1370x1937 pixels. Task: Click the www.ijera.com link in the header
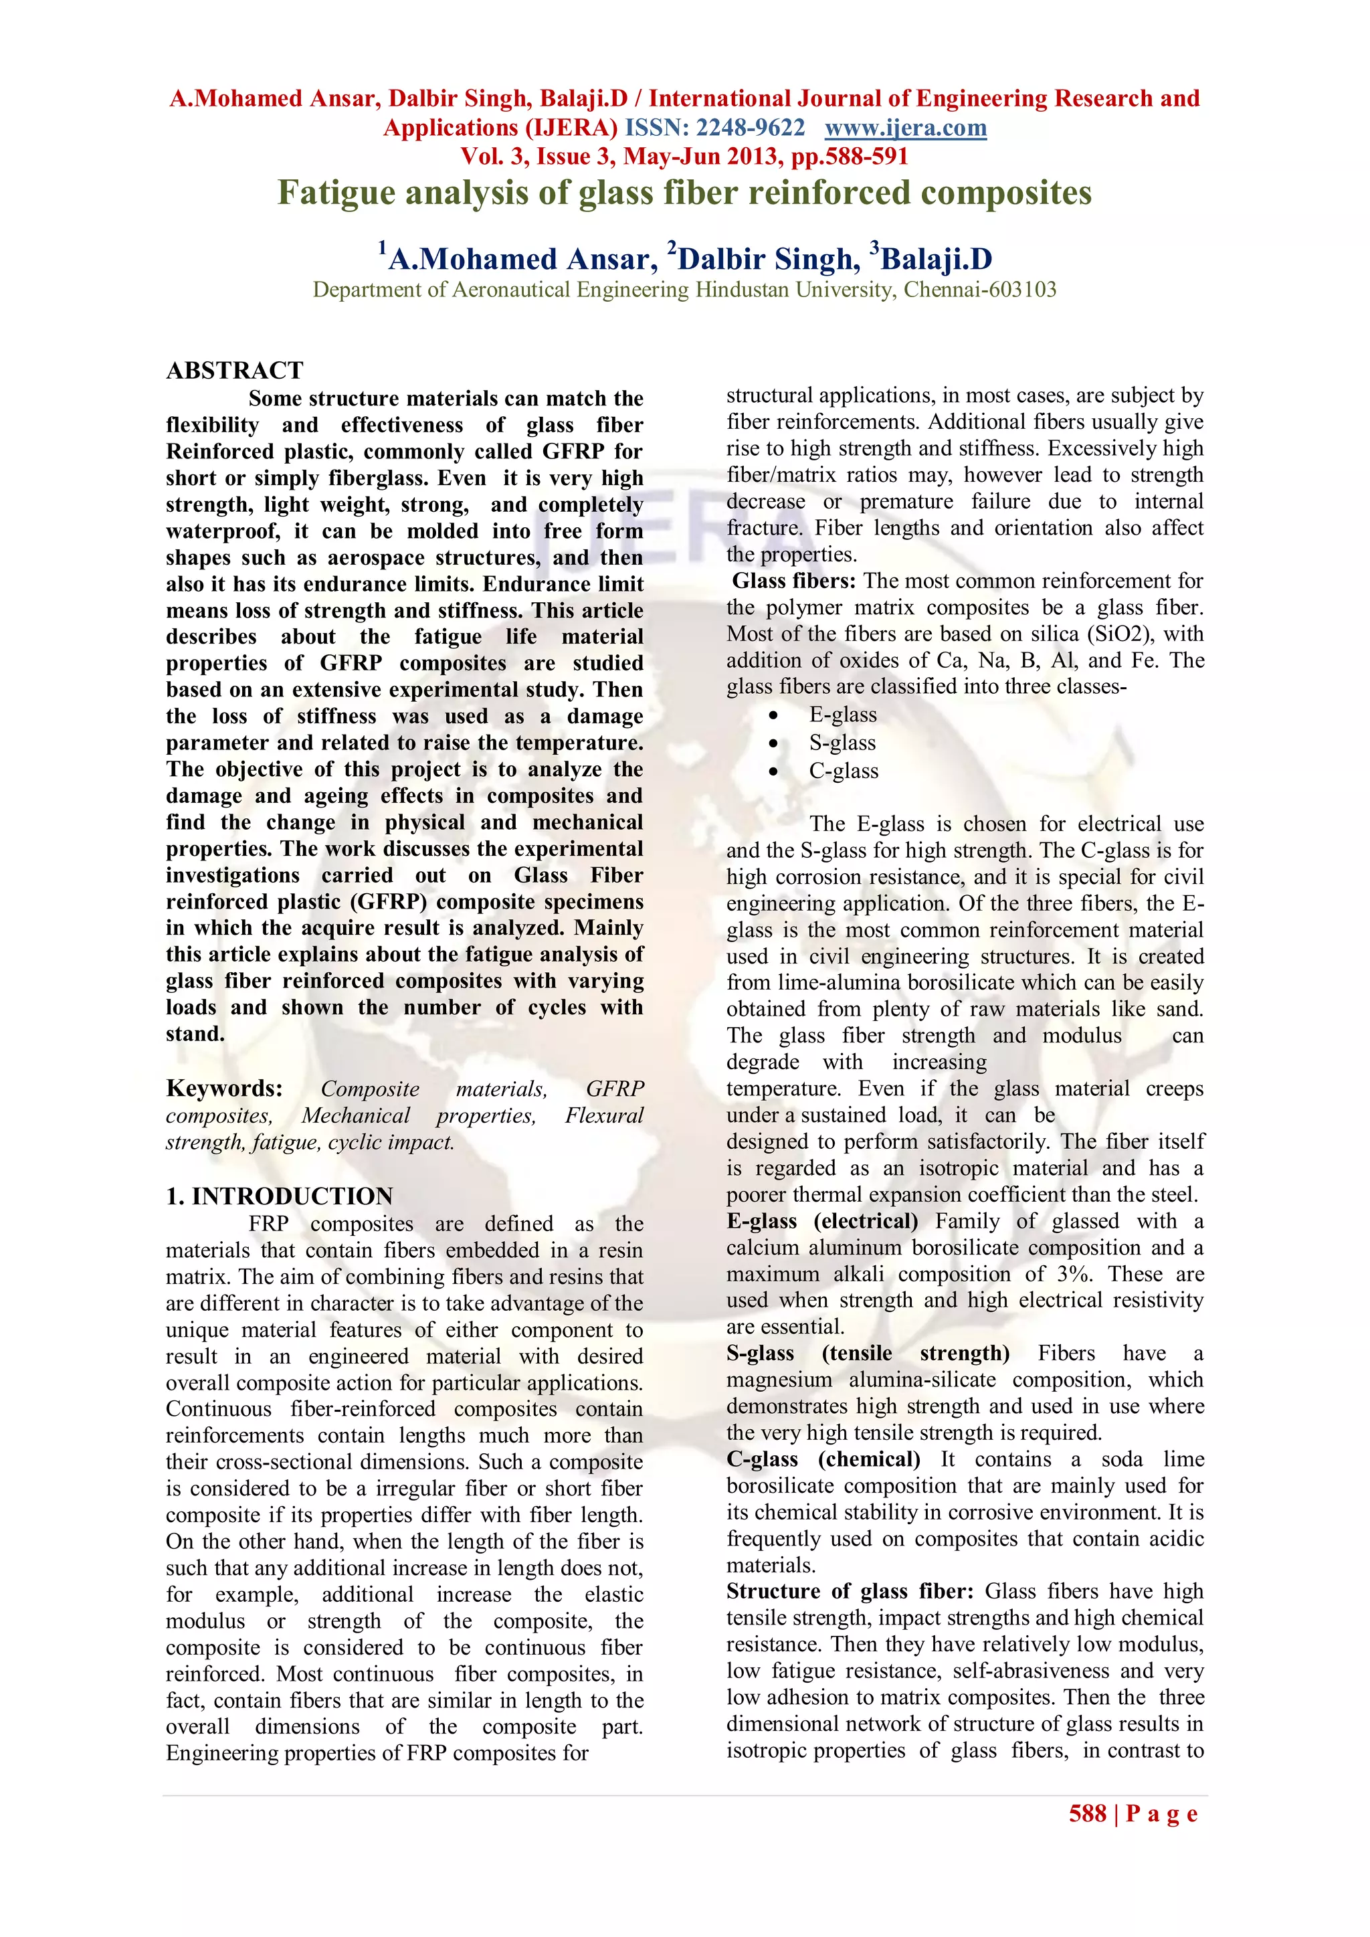(x=905, y=128)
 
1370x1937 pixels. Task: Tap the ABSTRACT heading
(x=235, y=371)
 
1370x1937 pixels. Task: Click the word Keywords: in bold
(x=224, y=1089)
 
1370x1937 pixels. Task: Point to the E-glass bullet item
(x=843, y=715)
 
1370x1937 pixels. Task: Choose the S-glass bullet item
(x=842, y=743)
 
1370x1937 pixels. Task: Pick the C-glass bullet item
(x=844, y=771)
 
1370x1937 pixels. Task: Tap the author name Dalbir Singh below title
(x=769, y=259)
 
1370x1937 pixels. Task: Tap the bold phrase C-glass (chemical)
(x=823, y=1459)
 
